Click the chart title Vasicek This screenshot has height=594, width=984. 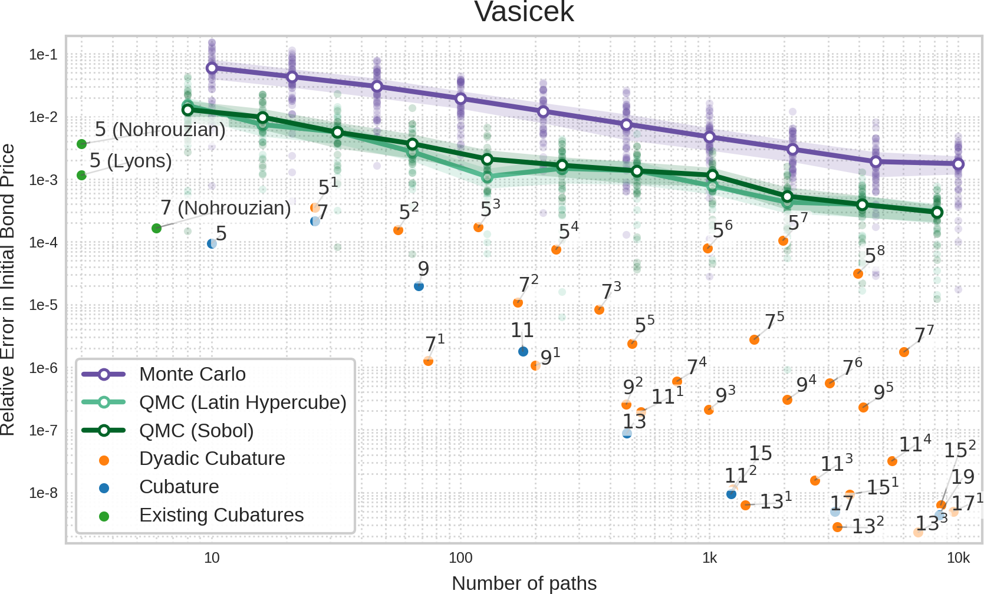pos(524,12)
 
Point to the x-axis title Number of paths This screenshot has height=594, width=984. pos(524,583)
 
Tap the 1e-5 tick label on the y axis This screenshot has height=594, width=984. pos(43,305)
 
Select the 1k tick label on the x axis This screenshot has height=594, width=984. pos(709,558)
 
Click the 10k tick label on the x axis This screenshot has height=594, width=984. pos(958,558)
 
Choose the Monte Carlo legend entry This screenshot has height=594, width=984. pos(192,374)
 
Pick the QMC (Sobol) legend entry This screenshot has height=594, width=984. pos(196,431)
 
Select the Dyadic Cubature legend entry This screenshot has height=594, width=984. pos(212,458)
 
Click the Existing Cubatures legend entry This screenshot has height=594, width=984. pos(221,515)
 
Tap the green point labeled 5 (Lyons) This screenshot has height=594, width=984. pos(81,175)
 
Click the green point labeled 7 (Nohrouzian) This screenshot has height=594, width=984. pos(156,228)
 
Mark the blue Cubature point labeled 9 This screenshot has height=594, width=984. pos(419,286)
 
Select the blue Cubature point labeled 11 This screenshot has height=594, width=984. pos(523,352)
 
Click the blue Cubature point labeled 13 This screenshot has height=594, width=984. pos(627,434)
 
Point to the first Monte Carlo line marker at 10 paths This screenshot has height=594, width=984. pos(212,68)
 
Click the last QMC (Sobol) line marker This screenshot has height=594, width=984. pos(937,212)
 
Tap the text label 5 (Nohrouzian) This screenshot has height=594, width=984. pos(160,129)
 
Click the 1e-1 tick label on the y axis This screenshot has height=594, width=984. pos(43,55)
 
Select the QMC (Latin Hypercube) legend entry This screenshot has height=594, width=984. pos(242,402)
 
